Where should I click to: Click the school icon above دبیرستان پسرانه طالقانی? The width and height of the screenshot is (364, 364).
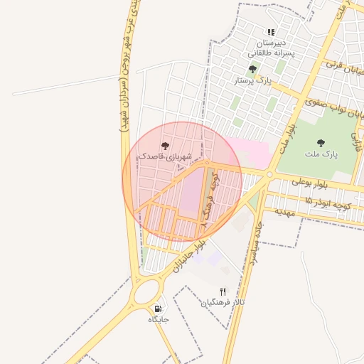[270, 32]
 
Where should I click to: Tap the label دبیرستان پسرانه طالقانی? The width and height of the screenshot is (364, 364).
[270, 48]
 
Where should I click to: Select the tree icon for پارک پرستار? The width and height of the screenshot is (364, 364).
[252, 69]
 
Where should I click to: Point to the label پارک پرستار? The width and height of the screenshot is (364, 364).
[253, 81]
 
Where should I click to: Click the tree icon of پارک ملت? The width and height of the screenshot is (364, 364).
[320, 142]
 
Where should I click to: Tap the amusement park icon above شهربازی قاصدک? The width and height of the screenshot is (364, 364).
[165, 145]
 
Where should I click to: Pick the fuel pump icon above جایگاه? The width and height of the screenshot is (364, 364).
[158, 309]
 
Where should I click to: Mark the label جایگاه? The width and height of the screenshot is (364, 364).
[158, 320]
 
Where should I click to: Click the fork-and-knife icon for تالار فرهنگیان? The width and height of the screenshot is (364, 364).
[223, 291]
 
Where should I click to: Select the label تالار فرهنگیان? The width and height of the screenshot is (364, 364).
[223, 302]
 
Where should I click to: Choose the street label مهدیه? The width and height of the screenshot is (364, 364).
[284, 211]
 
